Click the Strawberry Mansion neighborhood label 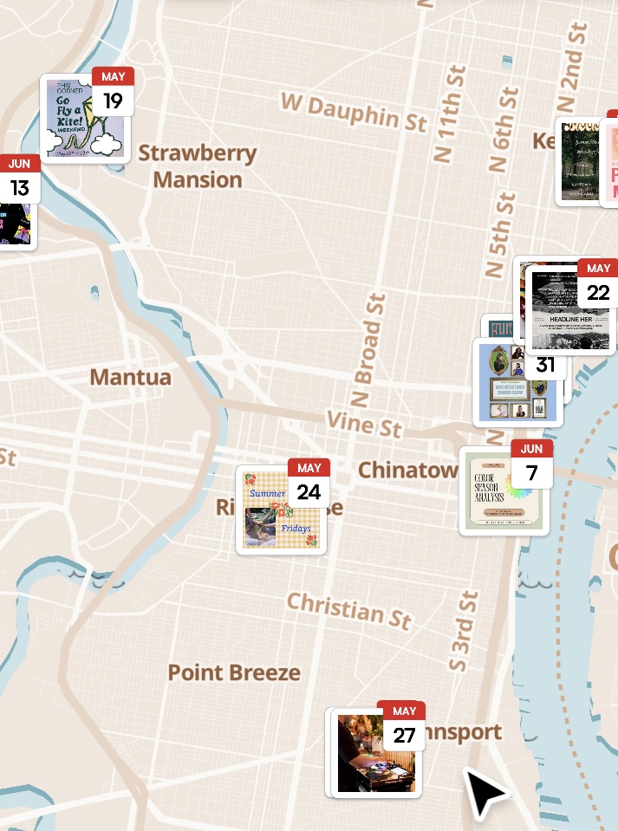[x=198, y=166]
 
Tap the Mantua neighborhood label [x=131, y=378]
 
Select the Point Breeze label [x=234, y=672]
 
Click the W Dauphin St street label [x=354, y=113]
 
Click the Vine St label [x=365, y=424]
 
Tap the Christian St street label [x=348, y=609]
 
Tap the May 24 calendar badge [x=309, y=484]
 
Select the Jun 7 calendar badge [x=531, y=464]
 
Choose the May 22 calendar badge [x=598, y=283]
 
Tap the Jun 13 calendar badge [x=19, y=179]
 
